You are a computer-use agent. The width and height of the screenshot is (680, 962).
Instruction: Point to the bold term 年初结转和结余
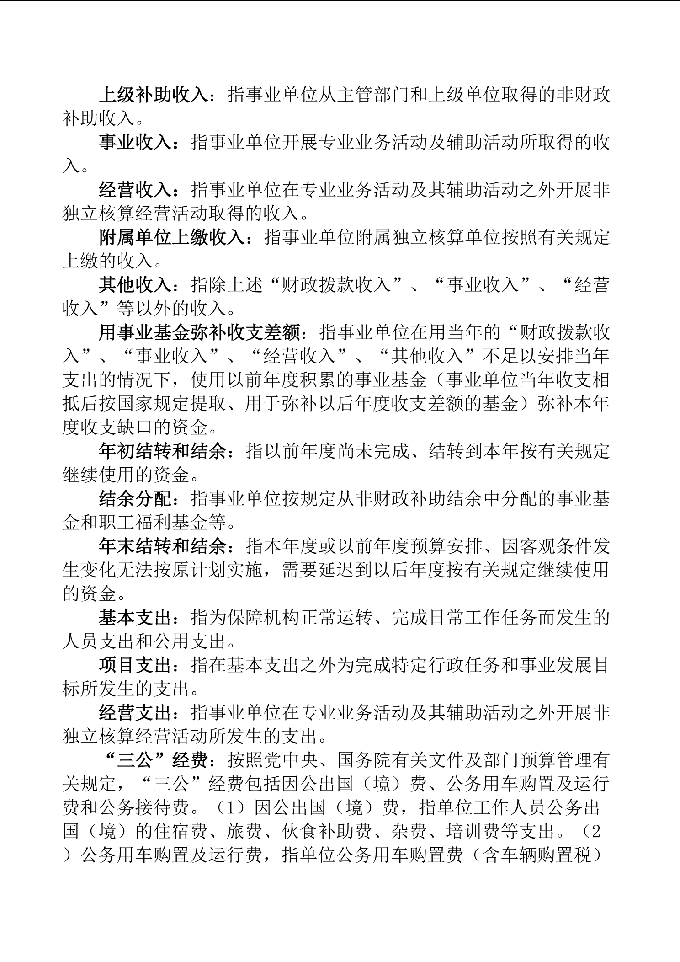tap(163, 452)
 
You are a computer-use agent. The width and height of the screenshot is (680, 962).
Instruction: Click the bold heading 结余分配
tap(135, 499)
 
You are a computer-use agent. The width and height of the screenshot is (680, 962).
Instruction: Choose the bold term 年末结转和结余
tap(163, 547)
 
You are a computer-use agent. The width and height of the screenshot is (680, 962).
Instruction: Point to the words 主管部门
tap(372, 95)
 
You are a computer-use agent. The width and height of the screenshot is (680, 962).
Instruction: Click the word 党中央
tap(291, 761)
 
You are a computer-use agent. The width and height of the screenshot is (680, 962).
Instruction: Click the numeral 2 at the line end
tap(595, 832)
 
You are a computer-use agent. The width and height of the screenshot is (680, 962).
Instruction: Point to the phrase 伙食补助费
tap(327, 832)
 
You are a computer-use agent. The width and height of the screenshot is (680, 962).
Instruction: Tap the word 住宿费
tap(163, 832)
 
